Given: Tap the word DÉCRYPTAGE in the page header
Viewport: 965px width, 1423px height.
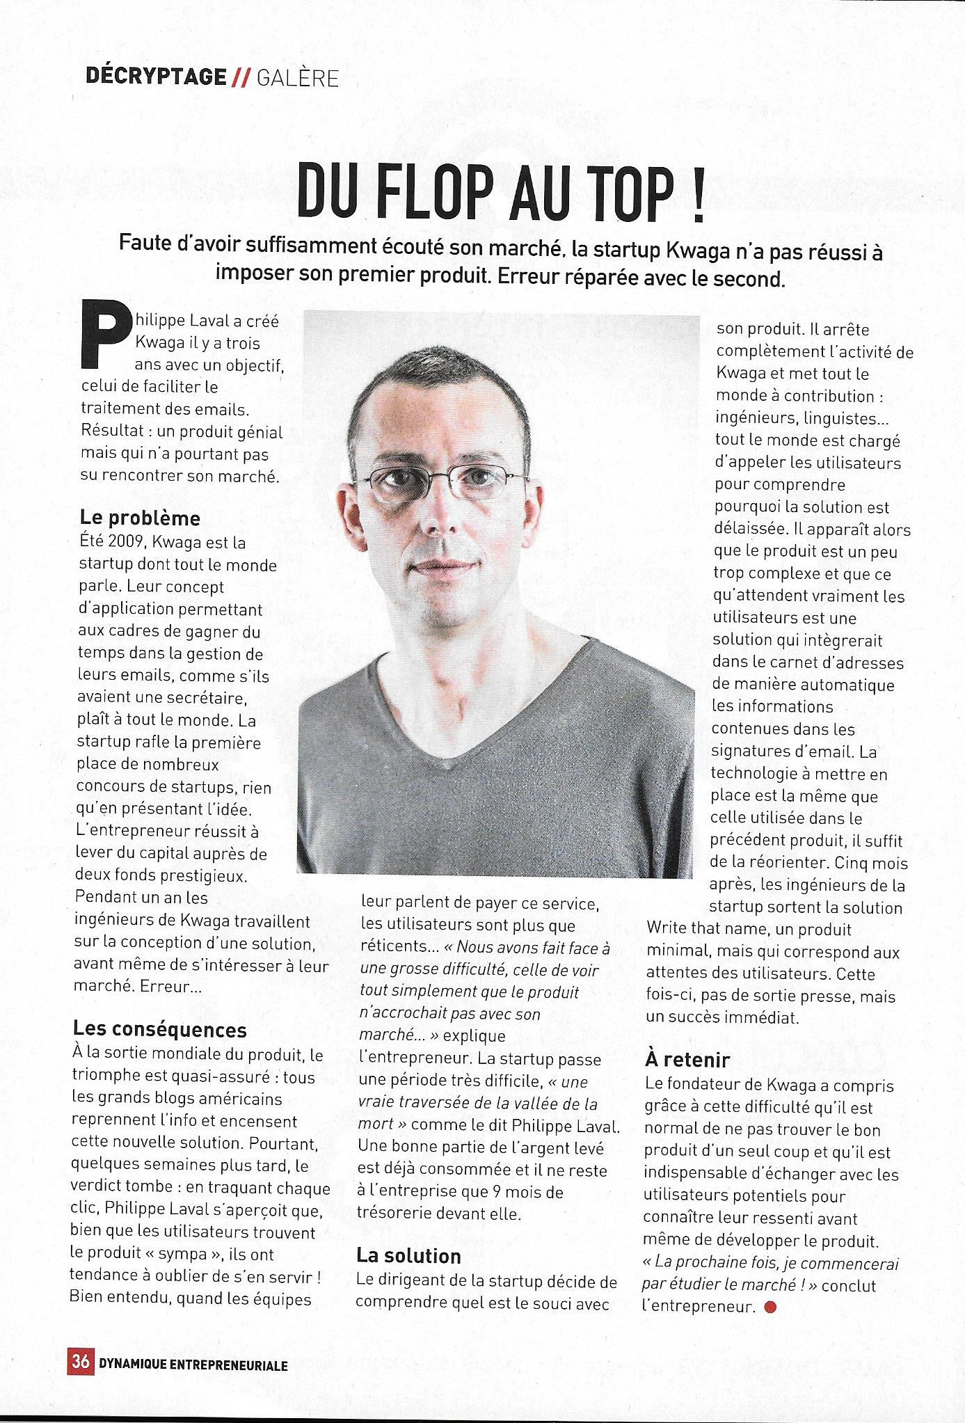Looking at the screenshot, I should coord(156,77).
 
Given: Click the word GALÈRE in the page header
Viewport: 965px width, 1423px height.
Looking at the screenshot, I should coord(298,78).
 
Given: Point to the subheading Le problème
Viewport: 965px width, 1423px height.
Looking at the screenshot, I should coord(140,518).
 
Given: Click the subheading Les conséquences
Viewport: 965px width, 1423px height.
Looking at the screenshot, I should coord(160,1029).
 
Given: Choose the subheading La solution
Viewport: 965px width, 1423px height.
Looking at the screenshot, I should coord(408,1255).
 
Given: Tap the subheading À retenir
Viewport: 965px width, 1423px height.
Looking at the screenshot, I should coord(687,1060).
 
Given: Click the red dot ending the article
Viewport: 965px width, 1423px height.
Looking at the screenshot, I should coord(769,1307).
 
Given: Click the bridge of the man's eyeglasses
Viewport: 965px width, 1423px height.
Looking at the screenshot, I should coord(447,479).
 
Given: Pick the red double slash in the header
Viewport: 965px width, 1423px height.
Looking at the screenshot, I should coord(241,79).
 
